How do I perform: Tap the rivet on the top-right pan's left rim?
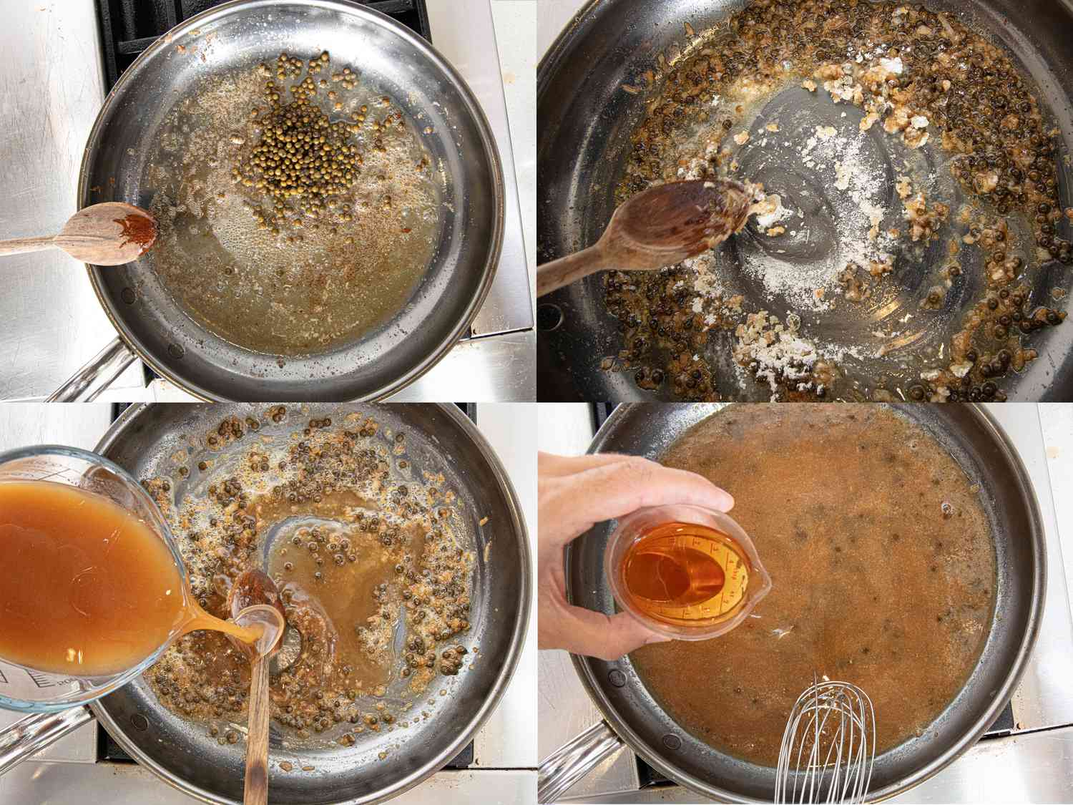point(549,312)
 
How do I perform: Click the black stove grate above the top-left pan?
point(129,29)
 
